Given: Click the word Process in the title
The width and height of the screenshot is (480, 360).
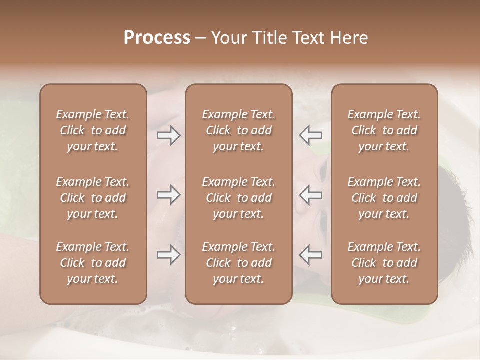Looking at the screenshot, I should tap(157, 38).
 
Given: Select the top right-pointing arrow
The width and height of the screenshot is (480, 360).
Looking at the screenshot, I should tap(168, 135).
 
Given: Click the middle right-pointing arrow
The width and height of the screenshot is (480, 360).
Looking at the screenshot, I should tap(168, 195).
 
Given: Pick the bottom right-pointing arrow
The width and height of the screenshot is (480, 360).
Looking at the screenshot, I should tap(168, 255).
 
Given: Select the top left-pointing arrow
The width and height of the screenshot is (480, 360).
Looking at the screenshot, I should tap(311, 135).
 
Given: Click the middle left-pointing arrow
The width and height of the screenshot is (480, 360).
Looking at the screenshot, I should tap(311, 195).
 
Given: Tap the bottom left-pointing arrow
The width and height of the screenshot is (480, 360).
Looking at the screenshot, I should tap(311, 255).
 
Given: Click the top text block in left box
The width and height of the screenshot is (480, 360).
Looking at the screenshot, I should tap(93, 130).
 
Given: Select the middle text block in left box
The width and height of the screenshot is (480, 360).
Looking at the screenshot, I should tap(93, 198).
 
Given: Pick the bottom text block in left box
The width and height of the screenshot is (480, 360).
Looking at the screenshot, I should tap(93, 263).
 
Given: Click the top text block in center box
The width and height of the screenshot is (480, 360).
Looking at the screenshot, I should tap(238, 130).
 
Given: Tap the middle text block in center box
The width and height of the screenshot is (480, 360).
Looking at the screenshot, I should tap(238, 198).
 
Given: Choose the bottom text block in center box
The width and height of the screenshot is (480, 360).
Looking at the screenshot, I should tap(238, 263).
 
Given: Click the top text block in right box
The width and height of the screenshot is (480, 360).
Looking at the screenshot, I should tap(384, 130).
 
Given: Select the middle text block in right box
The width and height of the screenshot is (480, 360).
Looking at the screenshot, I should tap(384, 198).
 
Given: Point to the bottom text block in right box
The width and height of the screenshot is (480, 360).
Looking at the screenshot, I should tap(384, 263).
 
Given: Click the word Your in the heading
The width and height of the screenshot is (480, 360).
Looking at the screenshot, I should tap(228, 38).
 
